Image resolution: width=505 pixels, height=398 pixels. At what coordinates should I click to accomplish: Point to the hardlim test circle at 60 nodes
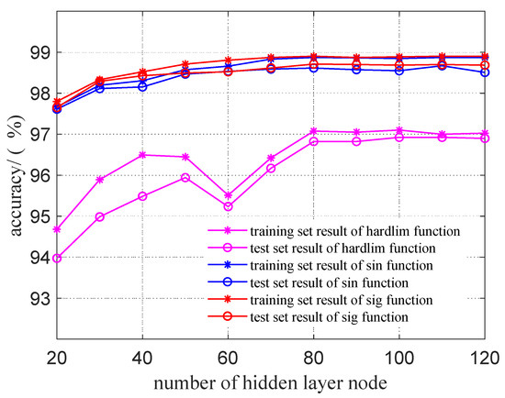coord(228,206)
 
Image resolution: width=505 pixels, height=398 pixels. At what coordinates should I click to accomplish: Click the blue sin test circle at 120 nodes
coord(484,72)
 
